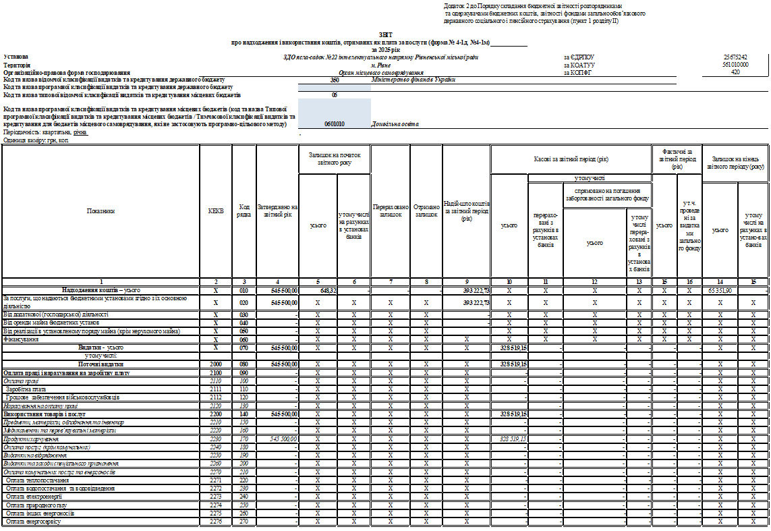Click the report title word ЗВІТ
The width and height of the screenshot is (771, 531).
385,33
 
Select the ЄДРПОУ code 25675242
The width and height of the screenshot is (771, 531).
735,57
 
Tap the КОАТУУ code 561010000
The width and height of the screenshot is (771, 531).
735,64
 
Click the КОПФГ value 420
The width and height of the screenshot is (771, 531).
735,72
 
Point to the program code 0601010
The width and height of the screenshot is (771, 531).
334,124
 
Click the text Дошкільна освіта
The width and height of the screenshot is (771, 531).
395,124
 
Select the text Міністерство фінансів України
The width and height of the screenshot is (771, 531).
413,80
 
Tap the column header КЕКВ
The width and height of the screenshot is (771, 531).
216,211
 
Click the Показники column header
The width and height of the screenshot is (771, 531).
101,211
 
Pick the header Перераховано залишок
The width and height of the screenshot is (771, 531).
390,211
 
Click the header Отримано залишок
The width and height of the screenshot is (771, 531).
426,211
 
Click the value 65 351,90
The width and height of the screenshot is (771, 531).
720,289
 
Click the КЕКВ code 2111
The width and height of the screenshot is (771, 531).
216,389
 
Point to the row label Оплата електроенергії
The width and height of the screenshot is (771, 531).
34,496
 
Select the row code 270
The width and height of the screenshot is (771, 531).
244,521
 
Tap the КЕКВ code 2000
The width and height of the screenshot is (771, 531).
216,364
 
